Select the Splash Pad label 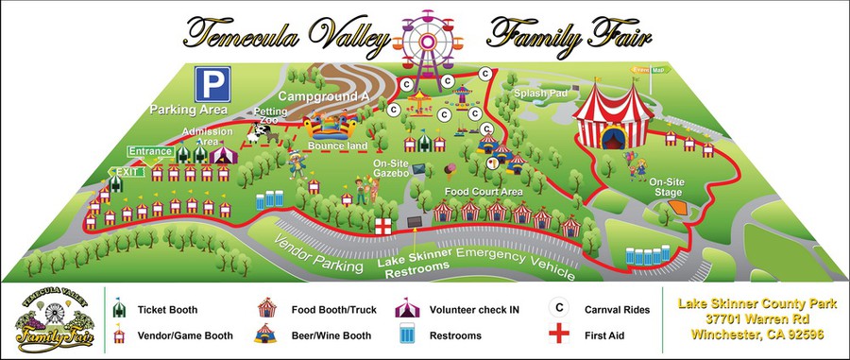point(537,94)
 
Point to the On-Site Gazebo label point(384,168)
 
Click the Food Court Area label point(484,192)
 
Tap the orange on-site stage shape point(676,206)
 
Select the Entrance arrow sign point(150,151)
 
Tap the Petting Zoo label point(270,116)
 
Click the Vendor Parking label point(319,253)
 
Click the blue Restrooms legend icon point(408,334)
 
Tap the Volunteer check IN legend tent point(408,307)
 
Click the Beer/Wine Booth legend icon point(267,334)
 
